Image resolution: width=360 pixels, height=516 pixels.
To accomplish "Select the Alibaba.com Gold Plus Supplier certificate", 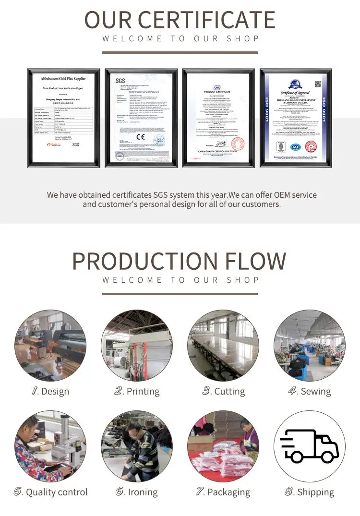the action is coord(64,118).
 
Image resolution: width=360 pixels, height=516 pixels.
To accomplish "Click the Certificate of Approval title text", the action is coord(295,93).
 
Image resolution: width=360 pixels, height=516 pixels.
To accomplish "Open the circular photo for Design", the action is coord(50,346).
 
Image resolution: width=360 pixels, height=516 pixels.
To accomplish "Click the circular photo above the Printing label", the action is coord(137,346).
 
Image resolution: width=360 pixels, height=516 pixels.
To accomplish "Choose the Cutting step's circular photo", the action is coord(223,346).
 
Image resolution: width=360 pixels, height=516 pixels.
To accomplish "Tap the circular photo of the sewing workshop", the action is coord(310,346).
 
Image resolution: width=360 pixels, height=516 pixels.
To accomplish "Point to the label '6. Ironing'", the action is coord(137,492).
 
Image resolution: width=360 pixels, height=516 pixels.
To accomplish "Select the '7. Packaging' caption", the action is coord(223,492).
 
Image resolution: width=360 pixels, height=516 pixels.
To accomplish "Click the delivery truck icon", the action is coord(310,446).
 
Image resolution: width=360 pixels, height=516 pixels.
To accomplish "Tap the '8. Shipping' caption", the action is coord(310,492).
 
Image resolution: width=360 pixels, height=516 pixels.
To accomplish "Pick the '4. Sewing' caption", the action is coord(310,391).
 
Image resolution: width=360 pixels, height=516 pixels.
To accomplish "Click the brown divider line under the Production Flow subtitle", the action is coord(180,294).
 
